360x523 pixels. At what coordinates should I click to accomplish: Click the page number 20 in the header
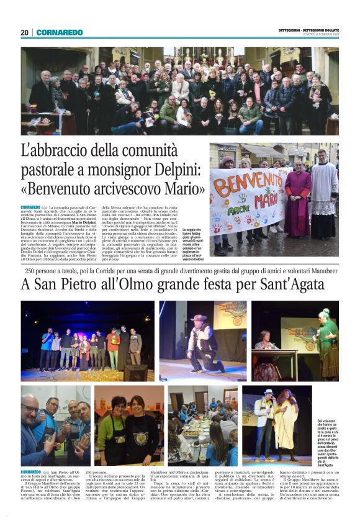(x=24, y=32)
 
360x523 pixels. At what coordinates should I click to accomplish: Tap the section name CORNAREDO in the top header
(x=59, y=32)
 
